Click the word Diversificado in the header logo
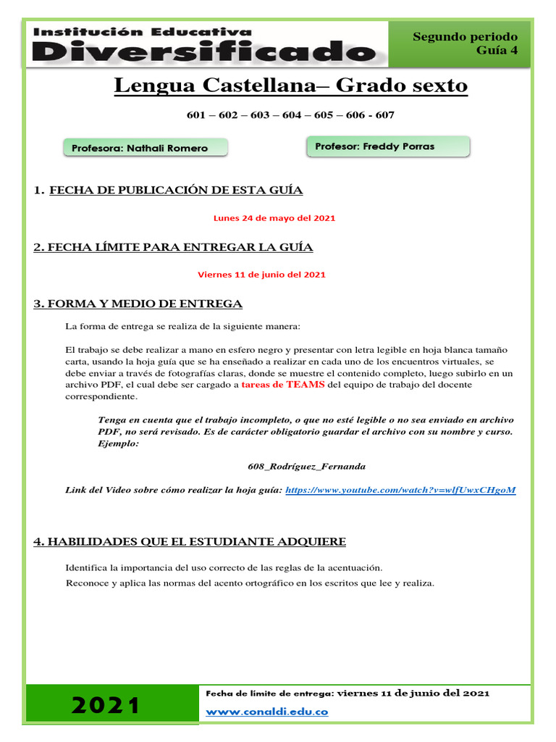click(204, 51)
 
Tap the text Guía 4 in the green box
click(497, 50)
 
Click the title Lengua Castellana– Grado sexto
click(291, 86)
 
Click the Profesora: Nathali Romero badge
click(146, 148)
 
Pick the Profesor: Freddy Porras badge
click(388, 146)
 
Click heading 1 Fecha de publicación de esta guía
click(175, 191)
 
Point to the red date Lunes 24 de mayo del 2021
click(274, 218)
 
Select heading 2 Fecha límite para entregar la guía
click(173, 248)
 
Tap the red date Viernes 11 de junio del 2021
click(261, 275)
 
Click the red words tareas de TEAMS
click(282, 385)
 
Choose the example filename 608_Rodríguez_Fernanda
click(306, 467)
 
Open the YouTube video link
click(400, 491)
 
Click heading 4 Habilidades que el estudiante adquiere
click(190, 542)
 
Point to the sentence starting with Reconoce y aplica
click(250, 583)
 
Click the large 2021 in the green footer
click(106, 705)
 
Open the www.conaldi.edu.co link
click(267, 712)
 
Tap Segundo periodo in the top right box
click(465, 36)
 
